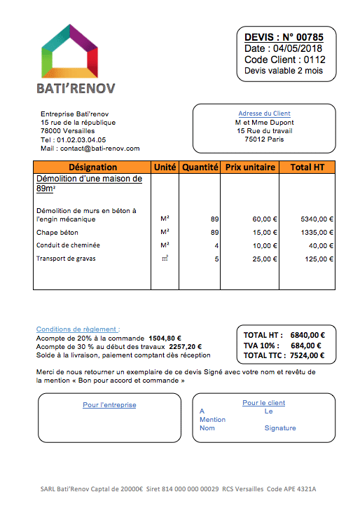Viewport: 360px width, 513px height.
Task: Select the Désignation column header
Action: pyautogui.click(x=92, y=167)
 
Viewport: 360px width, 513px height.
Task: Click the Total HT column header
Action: pyautogui.click(x=307, y=167)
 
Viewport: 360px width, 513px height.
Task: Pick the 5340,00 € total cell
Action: pyautogui.click(x=317, y=219)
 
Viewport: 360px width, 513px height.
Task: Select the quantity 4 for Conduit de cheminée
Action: pyautogui.click(x=216, y=245)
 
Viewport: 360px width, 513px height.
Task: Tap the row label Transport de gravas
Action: pyautogui.click(x=66, y=259)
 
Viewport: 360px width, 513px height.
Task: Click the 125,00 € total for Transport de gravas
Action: pyautogui.click(x=319, y=259)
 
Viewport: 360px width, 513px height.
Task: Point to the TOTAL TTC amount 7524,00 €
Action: pyautogui.click(x=305, y=356)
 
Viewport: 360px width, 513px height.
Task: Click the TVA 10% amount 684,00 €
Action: pyautogui.click(x=306, y=346)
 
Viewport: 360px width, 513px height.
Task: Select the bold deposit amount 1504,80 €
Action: pyautogui.click(x=165, y=337)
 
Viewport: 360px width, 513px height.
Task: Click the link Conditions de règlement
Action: pyautogui.click(x=78, y=329)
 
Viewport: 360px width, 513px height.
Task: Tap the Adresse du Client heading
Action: pyautogui.click(x=264, y=114)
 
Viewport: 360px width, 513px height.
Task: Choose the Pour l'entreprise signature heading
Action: pyautogui.click(x=109, y=405)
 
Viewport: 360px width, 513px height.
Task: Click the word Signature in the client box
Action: pyautogui.click(x=280, y=427)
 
